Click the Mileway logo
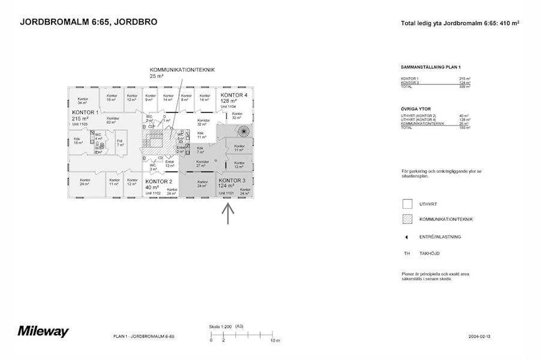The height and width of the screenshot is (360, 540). pos(43,331)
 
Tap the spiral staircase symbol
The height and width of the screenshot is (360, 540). pos(244,130)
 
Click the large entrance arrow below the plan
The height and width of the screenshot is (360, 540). pos(227,214)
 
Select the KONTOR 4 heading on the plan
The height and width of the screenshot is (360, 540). pos(233,95)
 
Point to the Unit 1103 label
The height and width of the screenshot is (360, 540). pos(80,124)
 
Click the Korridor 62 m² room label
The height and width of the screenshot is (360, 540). pos(112,120)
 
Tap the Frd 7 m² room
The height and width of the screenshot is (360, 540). pos(120,143)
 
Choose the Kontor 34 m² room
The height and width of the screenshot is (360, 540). pos(83,100)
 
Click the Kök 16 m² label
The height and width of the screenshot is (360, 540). pos(78,142)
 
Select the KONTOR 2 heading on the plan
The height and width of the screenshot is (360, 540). pos(158,181)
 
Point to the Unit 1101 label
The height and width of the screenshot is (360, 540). pos(226,193)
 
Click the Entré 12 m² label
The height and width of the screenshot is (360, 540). pos(169,163)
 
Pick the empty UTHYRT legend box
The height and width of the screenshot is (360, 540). pos(407,204)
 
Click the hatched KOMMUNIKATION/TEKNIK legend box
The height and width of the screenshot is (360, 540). pos(407,219)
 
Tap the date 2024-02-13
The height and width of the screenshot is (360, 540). pos(481,337)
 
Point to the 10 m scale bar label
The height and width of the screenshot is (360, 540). pos(274,341)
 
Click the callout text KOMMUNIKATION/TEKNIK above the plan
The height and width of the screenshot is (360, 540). pos(182,70)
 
